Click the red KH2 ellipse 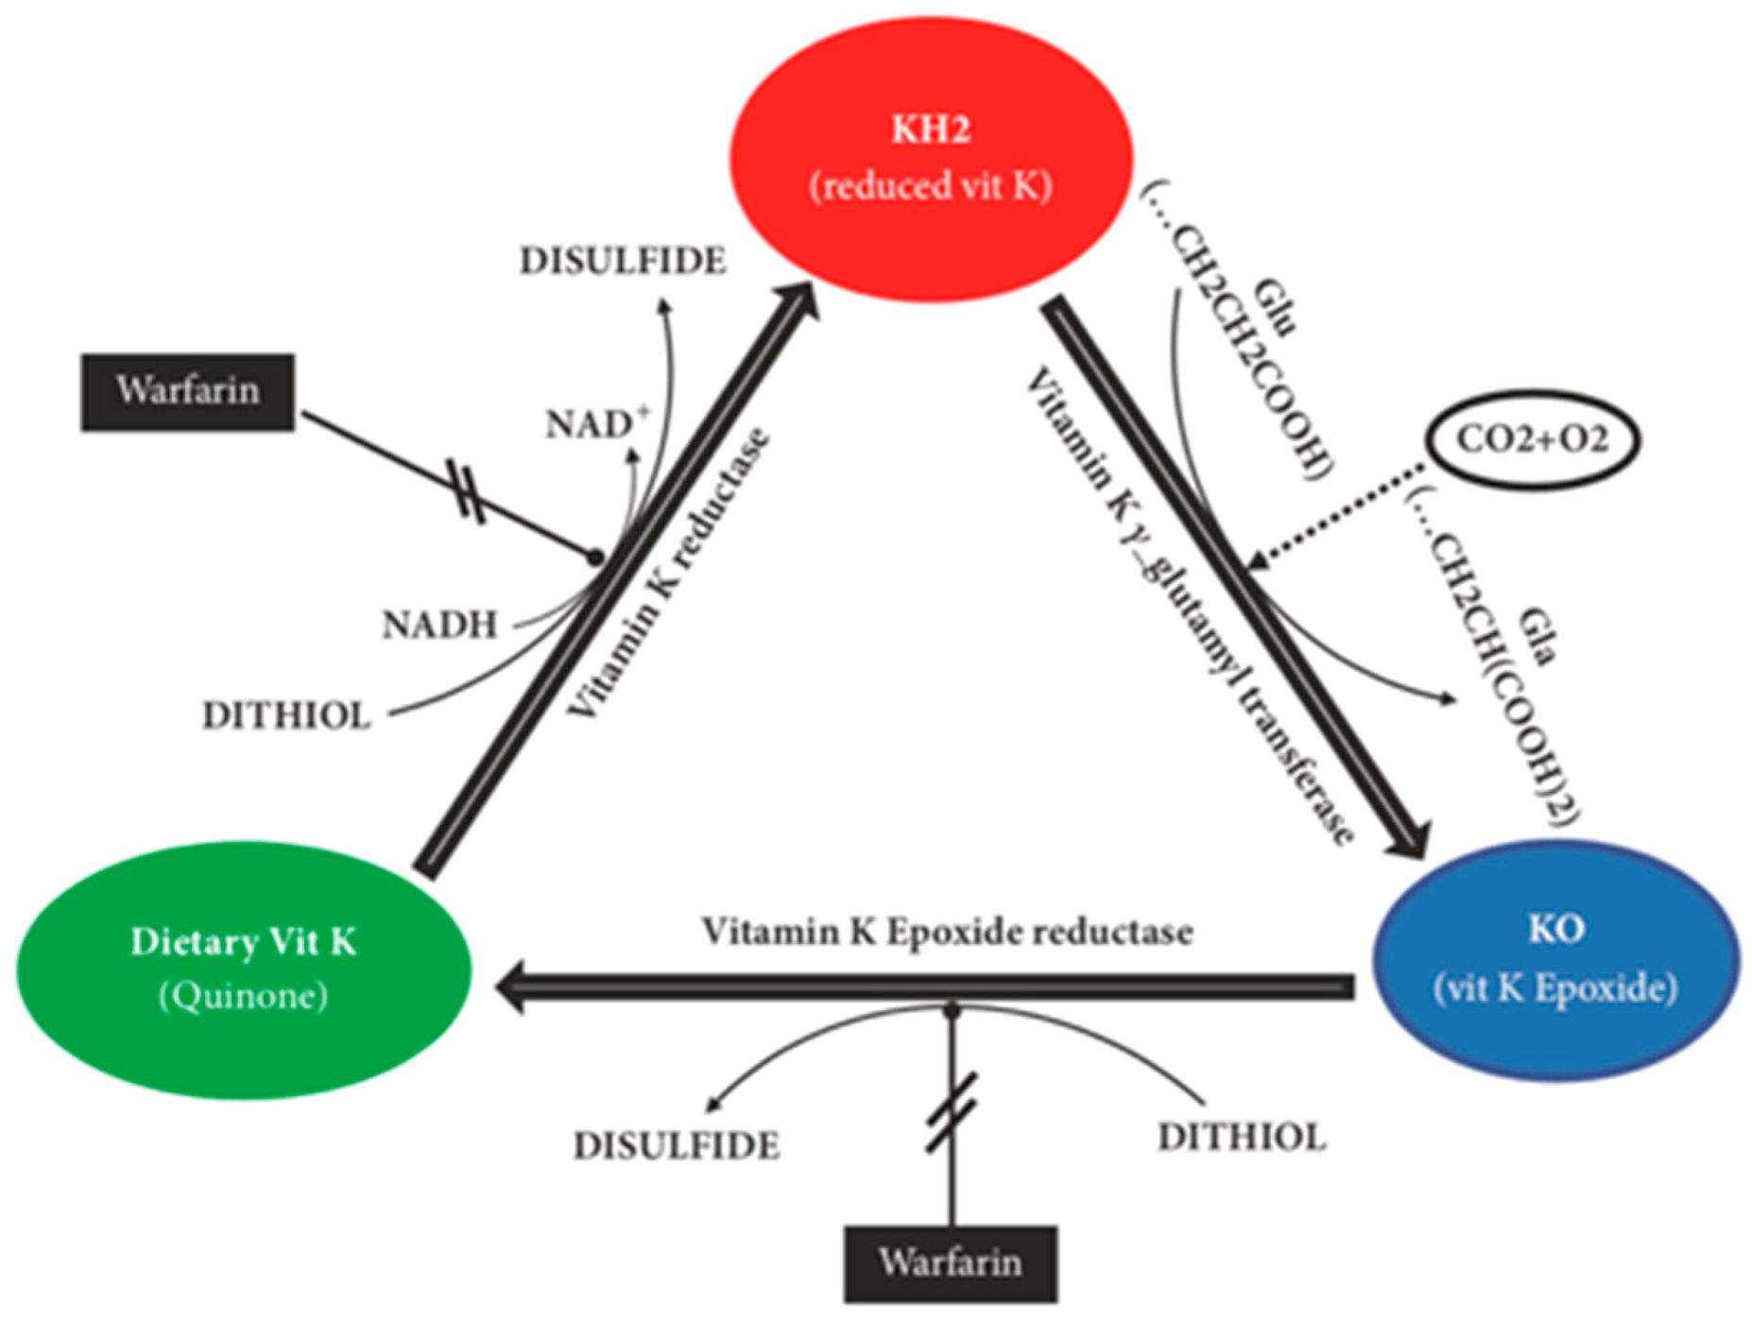931,158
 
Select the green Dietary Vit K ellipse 244,969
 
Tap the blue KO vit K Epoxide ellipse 1555,960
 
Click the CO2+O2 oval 1532,439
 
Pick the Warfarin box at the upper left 188,391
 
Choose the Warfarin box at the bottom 951,1263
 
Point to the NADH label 440,625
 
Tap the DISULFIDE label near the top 623,261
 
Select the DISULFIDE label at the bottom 677,1146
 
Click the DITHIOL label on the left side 286,716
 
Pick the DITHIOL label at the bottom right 1242,1138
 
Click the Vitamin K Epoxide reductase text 947,933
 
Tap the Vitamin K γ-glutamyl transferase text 1191,605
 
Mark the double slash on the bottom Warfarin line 952,1112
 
